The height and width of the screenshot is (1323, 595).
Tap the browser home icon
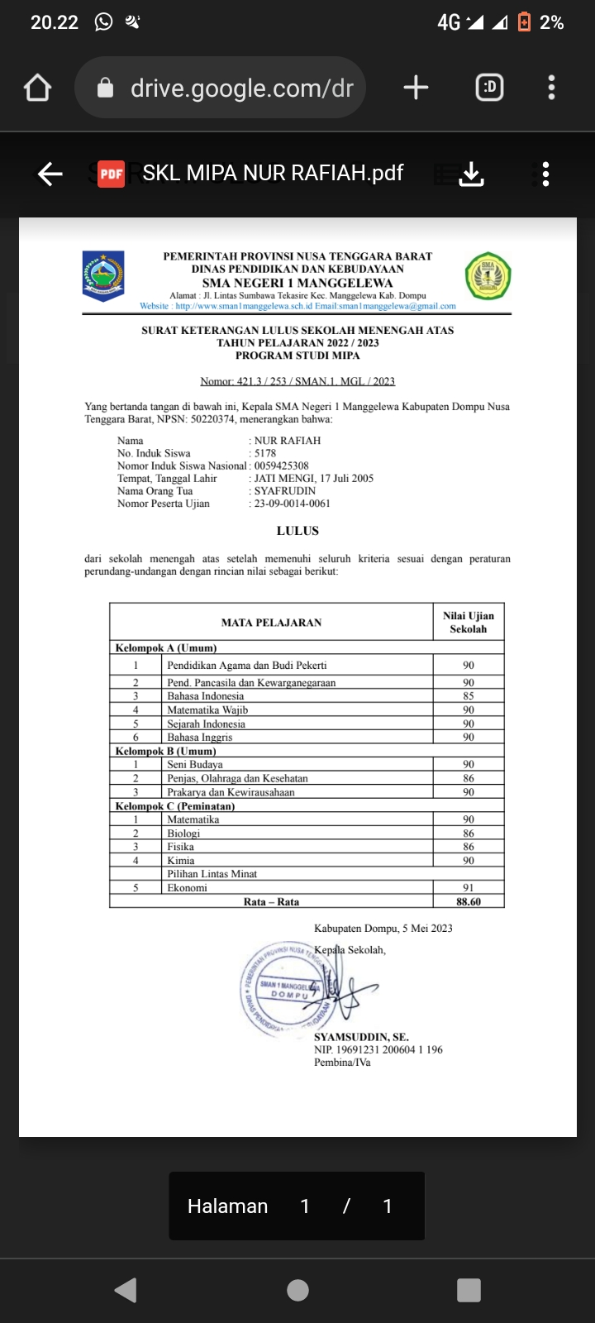(x=38, y=88)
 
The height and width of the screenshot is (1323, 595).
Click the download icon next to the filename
(x=471, y=174)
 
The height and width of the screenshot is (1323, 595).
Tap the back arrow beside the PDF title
(x=50, y=174)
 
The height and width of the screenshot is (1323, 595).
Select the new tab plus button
(x=416, y=88)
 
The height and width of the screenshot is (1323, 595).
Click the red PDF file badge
(x=112, y=174)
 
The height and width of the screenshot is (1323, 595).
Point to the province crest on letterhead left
(x=103, y=275)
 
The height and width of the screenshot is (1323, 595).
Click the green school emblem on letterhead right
(x=488, y=276)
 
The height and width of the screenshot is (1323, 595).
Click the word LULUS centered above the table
(x=297, y=531)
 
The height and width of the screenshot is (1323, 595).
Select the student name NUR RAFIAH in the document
(x=288, y=441)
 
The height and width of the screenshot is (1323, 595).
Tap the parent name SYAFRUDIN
(x=285, y=491)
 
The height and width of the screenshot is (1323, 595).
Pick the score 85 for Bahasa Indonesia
(x=469, y=696)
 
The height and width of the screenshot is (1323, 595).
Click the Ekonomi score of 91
(x=469, y=888)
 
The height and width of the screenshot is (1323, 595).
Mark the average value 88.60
(x=469, y=902)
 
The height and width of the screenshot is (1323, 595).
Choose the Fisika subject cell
(x=181, y=847)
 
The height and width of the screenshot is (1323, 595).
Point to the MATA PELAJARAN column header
(x=271, y=623)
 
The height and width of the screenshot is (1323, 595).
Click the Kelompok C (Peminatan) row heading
(x=175, y=806)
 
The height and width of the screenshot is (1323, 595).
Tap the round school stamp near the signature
(x=283, y=988)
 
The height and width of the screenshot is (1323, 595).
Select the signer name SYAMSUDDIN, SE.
(x=361, y=1037)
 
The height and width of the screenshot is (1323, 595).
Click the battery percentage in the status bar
(x=551, y=23)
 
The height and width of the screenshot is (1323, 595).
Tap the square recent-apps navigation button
(x=469, y=1290)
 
